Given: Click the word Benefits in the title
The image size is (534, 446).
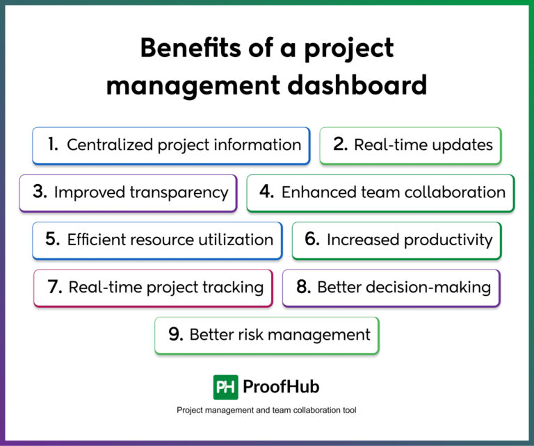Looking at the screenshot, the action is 190,48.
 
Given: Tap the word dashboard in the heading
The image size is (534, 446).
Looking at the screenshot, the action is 357,85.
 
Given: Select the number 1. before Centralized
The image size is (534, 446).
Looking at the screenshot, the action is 53,144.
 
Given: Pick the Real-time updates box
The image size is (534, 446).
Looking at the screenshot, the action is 410,146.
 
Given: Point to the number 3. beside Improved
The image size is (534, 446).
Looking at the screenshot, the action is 40,191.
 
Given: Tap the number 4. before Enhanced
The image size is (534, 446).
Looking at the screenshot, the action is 267,191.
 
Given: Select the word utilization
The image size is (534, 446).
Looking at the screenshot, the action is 236,240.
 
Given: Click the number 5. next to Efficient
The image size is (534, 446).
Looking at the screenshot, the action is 52,239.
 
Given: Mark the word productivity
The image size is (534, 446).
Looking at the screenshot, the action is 448,240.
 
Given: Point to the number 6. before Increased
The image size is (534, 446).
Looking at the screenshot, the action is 312,239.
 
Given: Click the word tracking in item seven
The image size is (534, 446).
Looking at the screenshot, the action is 234,288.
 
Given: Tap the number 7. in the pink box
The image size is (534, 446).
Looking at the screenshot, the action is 54,286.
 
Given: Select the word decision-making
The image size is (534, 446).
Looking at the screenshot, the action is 404,288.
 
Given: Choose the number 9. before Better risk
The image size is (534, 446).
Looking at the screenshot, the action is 176,334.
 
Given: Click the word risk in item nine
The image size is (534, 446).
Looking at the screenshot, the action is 250,335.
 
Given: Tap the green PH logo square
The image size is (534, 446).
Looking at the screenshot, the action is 225,387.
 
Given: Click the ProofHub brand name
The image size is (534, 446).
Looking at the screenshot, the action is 281,387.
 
